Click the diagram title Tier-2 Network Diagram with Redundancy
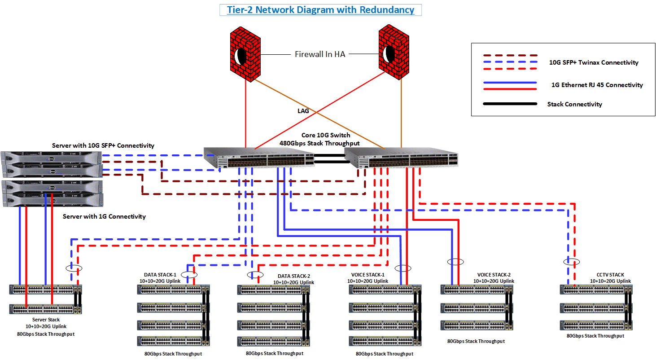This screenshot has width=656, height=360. (320, 10)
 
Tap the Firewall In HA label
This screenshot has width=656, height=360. (320, 54)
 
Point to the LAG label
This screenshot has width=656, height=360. (303, 111)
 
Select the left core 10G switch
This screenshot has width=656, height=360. (259, 160)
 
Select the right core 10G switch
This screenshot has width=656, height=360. (402, 159)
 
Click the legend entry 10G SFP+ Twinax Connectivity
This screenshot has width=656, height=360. (594, 62)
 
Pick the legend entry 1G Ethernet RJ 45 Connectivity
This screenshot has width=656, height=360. (597, 85)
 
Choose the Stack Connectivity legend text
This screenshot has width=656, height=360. (574, 104)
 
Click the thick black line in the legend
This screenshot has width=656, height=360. (510, 104)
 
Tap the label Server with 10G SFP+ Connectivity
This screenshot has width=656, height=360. (103, 145)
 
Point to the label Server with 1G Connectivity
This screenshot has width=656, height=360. (104, 216)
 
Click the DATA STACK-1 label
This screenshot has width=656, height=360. (160, 275)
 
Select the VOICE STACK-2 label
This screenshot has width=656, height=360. (494, 275)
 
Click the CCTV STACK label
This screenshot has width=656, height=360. (610, 275)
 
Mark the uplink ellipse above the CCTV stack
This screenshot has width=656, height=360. (571, 261)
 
